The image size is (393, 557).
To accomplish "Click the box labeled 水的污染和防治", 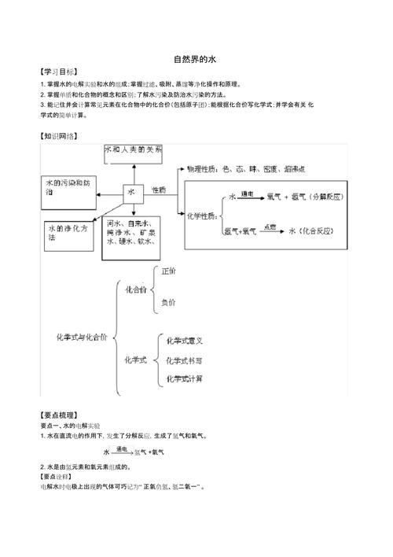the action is click(x=72, y=186).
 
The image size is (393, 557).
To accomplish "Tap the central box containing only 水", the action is click(x=131, y=191).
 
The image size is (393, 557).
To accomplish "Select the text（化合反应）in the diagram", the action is click(x=318, y=231).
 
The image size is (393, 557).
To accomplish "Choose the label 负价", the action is click(x=168, y=301).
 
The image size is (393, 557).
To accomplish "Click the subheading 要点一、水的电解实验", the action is click(x=72, y=424).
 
